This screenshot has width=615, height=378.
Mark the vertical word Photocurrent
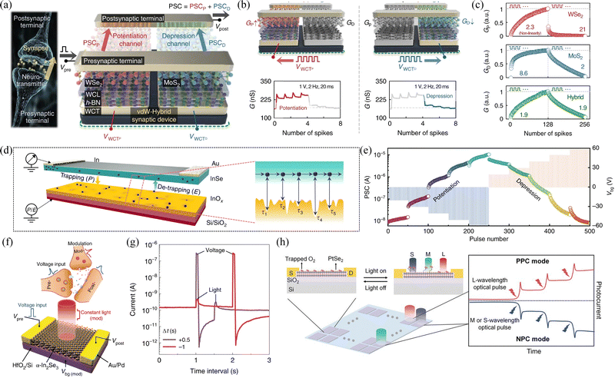pos(607,313)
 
